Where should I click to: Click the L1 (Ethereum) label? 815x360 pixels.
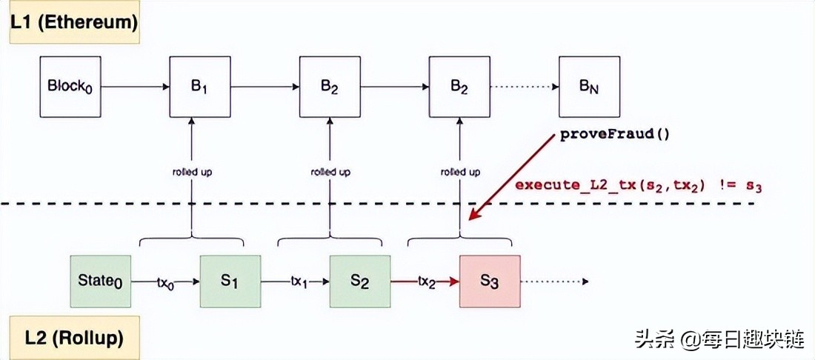[73, 22]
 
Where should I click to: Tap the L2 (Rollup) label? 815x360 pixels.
[73, 339]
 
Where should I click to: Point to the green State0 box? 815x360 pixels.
[101, 281]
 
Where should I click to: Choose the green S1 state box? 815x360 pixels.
[230, 281]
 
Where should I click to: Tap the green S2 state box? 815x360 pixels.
[359, 281]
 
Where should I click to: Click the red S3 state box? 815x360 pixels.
[490, 281]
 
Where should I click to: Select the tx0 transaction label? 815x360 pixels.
[166, 282]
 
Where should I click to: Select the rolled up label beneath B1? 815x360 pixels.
[192, 172]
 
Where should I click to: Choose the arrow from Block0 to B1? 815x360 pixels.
[135, 87]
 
